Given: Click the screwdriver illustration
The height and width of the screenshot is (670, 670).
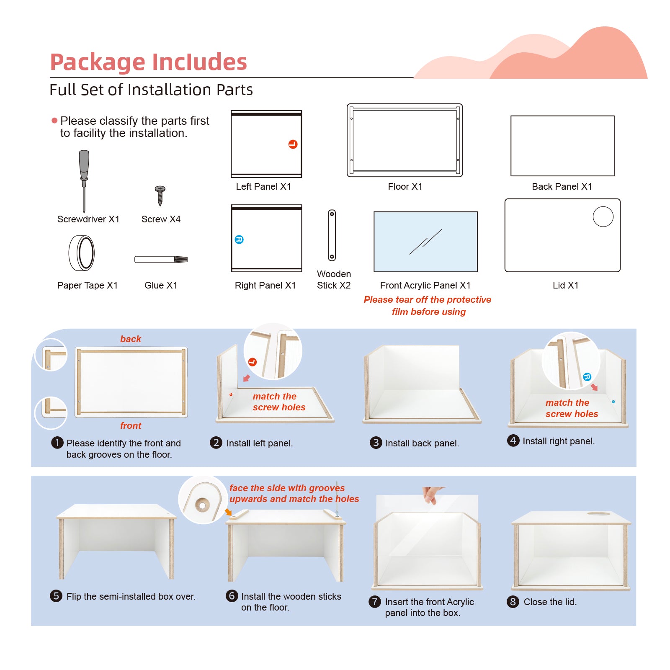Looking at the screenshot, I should point(84,180).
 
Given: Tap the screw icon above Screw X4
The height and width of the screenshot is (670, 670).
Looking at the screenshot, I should point(160,195).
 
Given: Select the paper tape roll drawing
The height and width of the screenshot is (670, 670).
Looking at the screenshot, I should point(82,253).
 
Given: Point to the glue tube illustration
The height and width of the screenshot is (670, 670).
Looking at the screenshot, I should point(161,260).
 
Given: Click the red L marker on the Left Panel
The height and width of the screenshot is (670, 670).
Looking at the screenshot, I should point(293,144).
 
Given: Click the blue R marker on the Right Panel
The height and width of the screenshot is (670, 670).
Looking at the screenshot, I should point(239,240).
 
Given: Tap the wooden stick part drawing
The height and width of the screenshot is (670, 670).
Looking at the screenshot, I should point(332,235).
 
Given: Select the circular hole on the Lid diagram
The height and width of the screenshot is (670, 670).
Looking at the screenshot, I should point(603,217).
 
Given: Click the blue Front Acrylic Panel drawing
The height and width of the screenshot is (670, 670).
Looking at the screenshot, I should point(425,242).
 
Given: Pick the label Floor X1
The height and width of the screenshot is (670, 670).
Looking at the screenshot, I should point(405,187).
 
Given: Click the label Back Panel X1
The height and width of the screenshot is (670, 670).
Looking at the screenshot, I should point(562,187).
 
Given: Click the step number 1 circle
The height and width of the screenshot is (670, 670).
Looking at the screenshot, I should point(57,443).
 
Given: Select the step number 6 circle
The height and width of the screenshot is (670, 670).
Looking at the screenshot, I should point(232,596).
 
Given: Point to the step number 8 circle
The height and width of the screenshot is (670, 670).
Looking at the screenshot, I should point(513,602).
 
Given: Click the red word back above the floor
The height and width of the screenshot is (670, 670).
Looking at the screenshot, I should point(131,339).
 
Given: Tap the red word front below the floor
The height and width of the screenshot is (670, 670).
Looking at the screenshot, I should point(131,426).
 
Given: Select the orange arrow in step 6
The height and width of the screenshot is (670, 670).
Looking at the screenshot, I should point(228,512).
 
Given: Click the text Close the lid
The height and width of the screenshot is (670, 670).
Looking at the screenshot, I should point(550,602).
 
